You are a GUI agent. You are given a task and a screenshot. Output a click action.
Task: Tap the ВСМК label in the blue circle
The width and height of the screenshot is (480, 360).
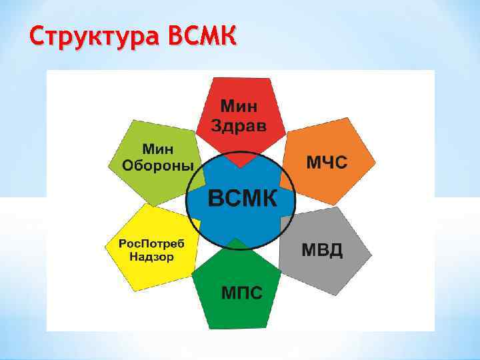[241, 199]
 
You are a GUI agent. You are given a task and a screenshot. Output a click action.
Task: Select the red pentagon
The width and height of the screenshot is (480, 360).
[241, 117]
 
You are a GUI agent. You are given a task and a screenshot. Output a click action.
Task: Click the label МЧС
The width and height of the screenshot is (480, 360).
[327, 162]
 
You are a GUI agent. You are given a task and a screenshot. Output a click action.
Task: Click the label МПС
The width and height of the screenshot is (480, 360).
[241, 292]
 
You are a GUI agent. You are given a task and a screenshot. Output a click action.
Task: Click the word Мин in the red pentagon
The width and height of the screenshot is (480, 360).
[239, 106]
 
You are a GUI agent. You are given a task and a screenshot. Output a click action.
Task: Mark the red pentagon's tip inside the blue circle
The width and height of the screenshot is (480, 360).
[241, 163]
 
